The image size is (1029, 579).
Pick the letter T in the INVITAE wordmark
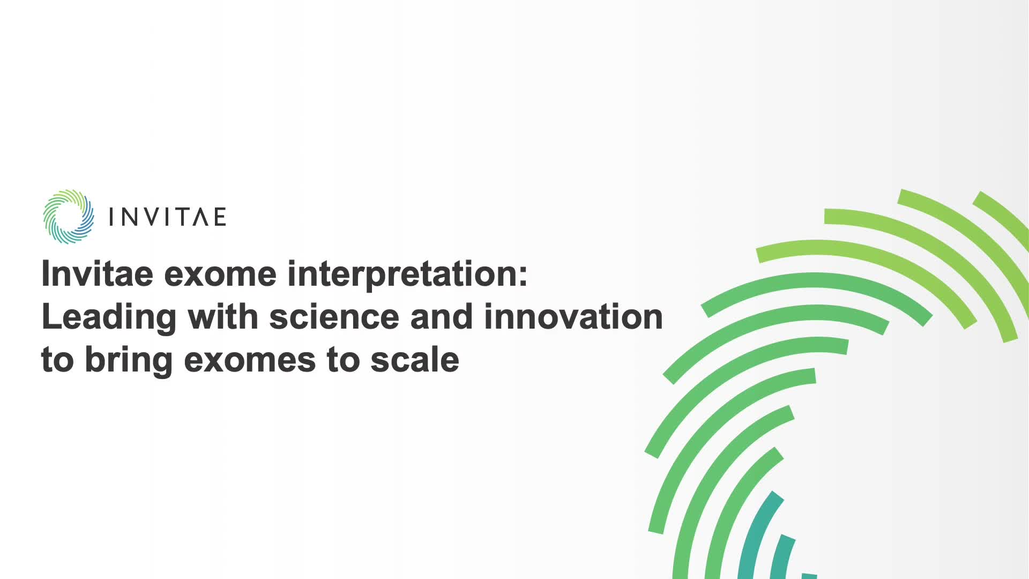[x=182, y=217]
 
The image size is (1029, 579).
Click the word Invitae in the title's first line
[x=97, y=273]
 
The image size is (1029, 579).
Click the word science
[x=334, y=316]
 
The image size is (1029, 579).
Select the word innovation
[x=573, y=316]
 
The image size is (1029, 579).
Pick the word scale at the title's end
[x=415, y=359]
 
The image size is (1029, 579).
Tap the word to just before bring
[x=57, y=360]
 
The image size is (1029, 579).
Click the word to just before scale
[x=342, y=360]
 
